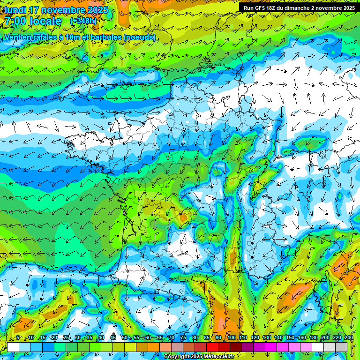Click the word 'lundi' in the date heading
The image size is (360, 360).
click(16, 10)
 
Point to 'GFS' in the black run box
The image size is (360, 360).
click(262, 8)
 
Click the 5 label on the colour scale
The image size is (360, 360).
click(18, 338)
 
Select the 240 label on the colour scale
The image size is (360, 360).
click(349, 338)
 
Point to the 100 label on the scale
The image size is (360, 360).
click(231, 338)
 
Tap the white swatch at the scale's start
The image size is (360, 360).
click(13, 347)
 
